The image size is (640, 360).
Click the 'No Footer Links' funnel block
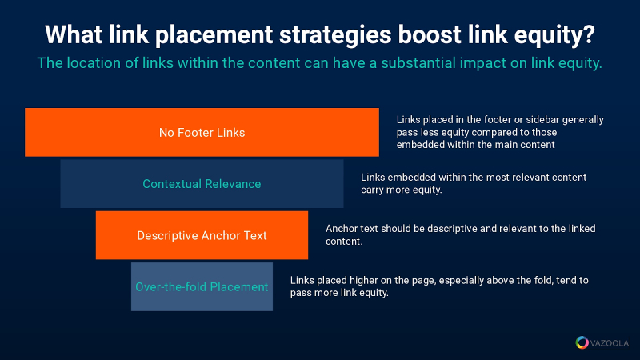pos(202,132)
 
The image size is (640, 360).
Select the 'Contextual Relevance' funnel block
pos(202,184)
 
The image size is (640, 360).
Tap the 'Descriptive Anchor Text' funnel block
pos(202,235)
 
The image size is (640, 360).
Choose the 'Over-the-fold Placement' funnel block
pos(202,286)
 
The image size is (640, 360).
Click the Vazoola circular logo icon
pos(582,342)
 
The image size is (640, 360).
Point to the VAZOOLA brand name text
pos(610,343)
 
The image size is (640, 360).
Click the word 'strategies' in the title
pos(335,35)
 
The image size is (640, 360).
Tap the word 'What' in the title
pos(74,34)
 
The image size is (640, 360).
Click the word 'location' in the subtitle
pos(94,63)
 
